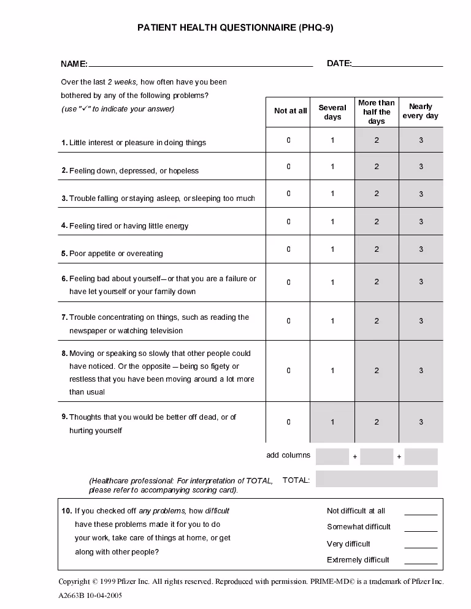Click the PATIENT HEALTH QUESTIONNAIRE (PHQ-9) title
click(235, 28)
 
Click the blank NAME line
click(201, 64)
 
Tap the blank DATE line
click(397, 64)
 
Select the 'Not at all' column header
click(290, 111)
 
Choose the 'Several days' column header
click(332, 112)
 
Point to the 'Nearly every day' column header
click(421, 111)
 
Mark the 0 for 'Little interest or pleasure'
click(289, 140)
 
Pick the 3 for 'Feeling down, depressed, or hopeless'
click(421, 167)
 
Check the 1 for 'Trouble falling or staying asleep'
click(333, 194)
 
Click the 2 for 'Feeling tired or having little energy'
click(377, 222)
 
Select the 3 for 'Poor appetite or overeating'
click(421, 249)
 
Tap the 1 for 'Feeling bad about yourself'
click(333, 282)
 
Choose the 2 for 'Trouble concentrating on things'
click(377, 321)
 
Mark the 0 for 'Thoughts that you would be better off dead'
click(289, 422)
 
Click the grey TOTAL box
click(377, 479)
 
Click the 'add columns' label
click(288, 455)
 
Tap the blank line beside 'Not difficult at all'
click(421, 513)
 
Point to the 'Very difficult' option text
click(348, 544)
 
